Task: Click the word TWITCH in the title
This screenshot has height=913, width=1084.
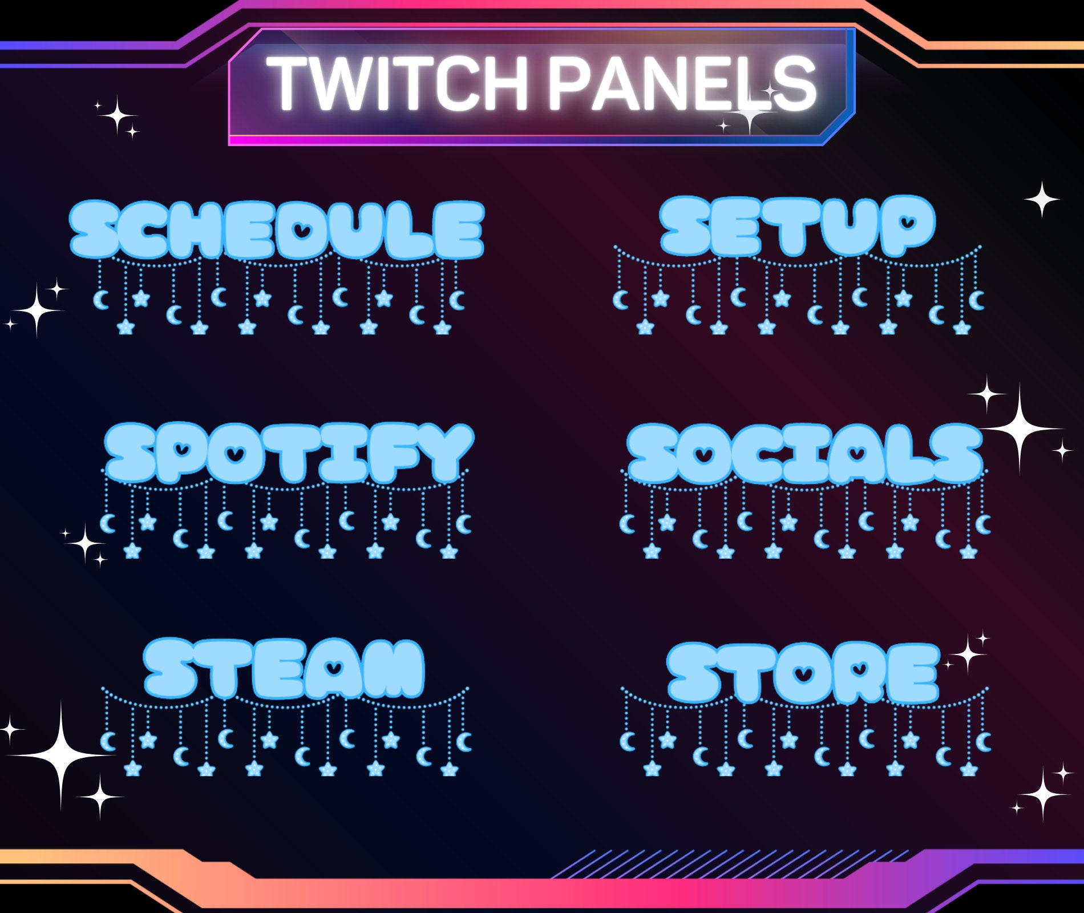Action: click(x=397, y=84)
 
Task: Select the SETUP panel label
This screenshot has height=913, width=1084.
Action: click(x=797, y=225)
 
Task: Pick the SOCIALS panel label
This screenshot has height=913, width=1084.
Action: click(x=804, y=454)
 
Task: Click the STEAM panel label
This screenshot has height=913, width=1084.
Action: click(x=284, y=668)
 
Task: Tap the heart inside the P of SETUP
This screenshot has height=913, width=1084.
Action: click(x=907, y=221)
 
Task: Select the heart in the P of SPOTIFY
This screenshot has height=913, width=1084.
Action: click(x=182, y=449)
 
